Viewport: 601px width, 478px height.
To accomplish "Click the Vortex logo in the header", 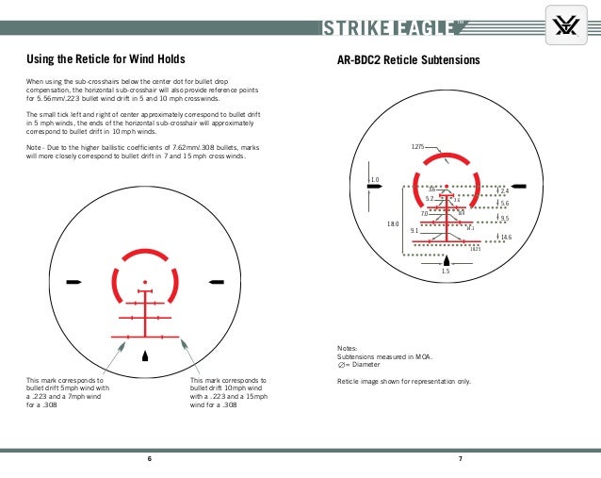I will [x=566, y=27].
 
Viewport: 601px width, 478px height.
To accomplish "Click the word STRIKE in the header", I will [x=355, y=27].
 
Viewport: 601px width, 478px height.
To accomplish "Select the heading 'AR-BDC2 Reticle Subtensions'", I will [x=409, y=60].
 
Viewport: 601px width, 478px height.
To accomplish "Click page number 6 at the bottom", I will [x=149, y=459].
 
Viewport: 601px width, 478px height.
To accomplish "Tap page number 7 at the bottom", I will [x=459, y=459].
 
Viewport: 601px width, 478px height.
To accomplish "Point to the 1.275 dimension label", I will [x=419, y=147].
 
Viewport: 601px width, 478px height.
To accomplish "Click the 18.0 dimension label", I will [x=393, y=223].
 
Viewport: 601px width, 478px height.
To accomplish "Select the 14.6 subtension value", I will [x=506, y=237].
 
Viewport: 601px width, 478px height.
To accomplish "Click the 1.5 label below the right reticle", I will [x=446, y=271].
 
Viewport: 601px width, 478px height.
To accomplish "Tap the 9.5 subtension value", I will [x=504, y=218].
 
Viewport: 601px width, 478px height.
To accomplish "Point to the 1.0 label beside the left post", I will [x=374, y=179].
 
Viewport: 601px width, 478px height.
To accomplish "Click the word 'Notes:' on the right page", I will [x=348, y=347].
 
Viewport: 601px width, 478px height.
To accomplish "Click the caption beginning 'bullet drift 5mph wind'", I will [x=68, y=387].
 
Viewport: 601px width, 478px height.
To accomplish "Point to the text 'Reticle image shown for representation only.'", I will [x=404, y=381].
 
